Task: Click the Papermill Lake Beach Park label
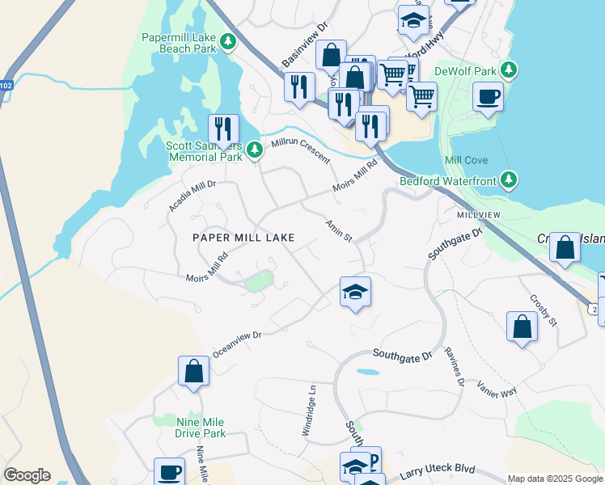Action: (x=180, y=43)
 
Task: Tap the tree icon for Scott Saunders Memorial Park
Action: (x=255, y=150)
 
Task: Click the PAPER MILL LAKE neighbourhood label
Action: (x=243, y=238)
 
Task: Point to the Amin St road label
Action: (x=339, y=230)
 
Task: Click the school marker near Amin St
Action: (x=355, y=293)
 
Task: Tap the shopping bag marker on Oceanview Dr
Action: (x=194, y=372)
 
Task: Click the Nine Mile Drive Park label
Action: (x=201, y=428)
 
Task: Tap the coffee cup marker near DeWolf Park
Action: (x=488, y=99)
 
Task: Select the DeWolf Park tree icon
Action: (x=509, y=70)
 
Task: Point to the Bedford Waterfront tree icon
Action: (x=509, y=180)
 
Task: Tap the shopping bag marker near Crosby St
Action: (x=522, y=327)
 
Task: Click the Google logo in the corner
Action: (x=27, y=474)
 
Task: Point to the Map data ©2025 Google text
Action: (x=555, y=478)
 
